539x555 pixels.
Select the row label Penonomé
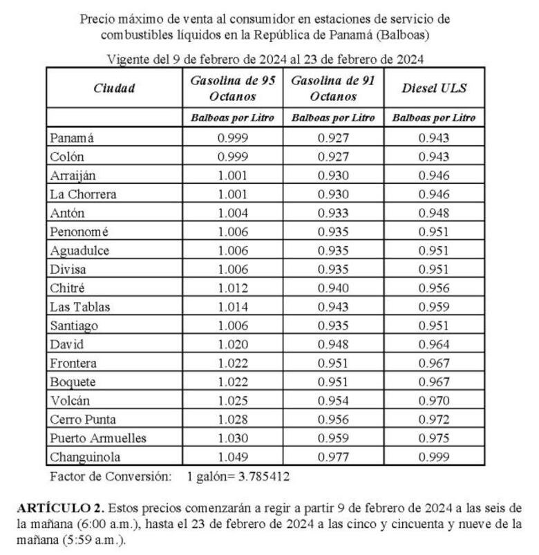(x=79, y=232)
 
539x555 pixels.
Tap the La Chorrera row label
(x=83, y=194)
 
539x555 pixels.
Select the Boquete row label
(x=73, y=382)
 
